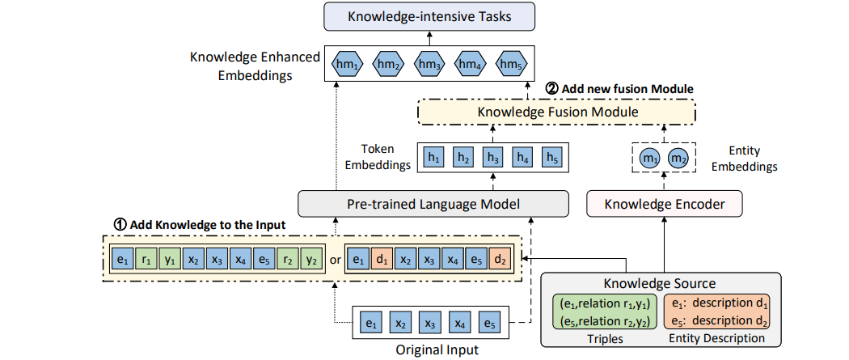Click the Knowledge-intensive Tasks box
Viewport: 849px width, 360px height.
point(429,16)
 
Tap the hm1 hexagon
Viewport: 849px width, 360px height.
point(347,64)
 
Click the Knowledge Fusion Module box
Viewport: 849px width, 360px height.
point(556,112)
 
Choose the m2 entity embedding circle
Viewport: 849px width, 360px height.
point(676,158)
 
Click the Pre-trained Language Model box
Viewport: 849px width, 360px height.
point(433,205)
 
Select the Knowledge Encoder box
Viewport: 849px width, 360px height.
point(665,205)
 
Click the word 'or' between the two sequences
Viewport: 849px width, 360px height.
point(336,260)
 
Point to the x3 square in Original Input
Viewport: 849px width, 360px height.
point(429,324)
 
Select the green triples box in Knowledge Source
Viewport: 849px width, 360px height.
point(603,311)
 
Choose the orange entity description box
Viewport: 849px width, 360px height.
point(716,311)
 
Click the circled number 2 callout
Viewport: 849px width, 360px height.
point(551,89)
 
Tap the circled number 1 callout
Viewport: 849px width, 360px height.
point(119,223)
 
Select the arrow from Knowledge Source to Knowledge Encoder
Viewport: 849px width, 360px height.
point(664,244)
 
